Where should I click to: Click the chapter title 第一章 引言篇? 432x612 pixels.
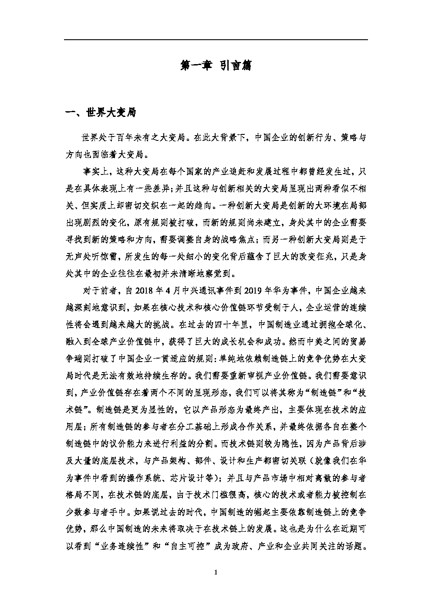point(216,66)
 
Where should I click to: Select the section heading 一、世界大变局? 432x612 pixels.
point(101,113)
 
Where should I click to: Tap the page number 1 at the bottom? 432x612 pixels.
point(216,572)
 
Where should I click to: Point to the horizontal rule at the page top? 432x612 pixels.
point(216,40)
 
